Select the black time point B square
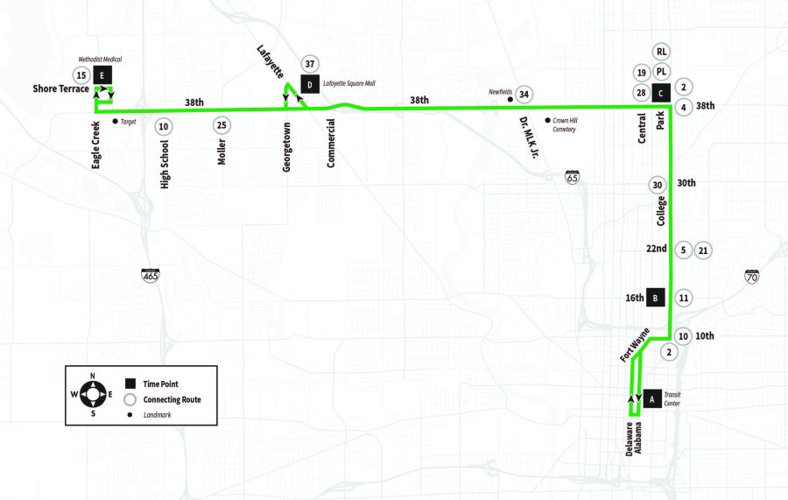655,298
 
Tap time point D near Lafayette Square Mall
309,84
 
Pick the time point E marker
103,74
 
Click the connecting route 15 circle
81,74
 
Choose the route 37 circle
309,64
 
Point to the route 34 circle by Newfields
524,95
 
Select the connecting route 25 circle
222,125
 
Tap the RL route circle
662,52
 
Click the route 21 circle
703,250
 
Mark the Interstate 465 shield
151,276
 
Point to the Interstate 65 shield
572,177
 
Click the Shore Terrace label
60,88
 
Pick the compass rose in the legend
94,395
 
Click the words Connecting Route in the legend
172,399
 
